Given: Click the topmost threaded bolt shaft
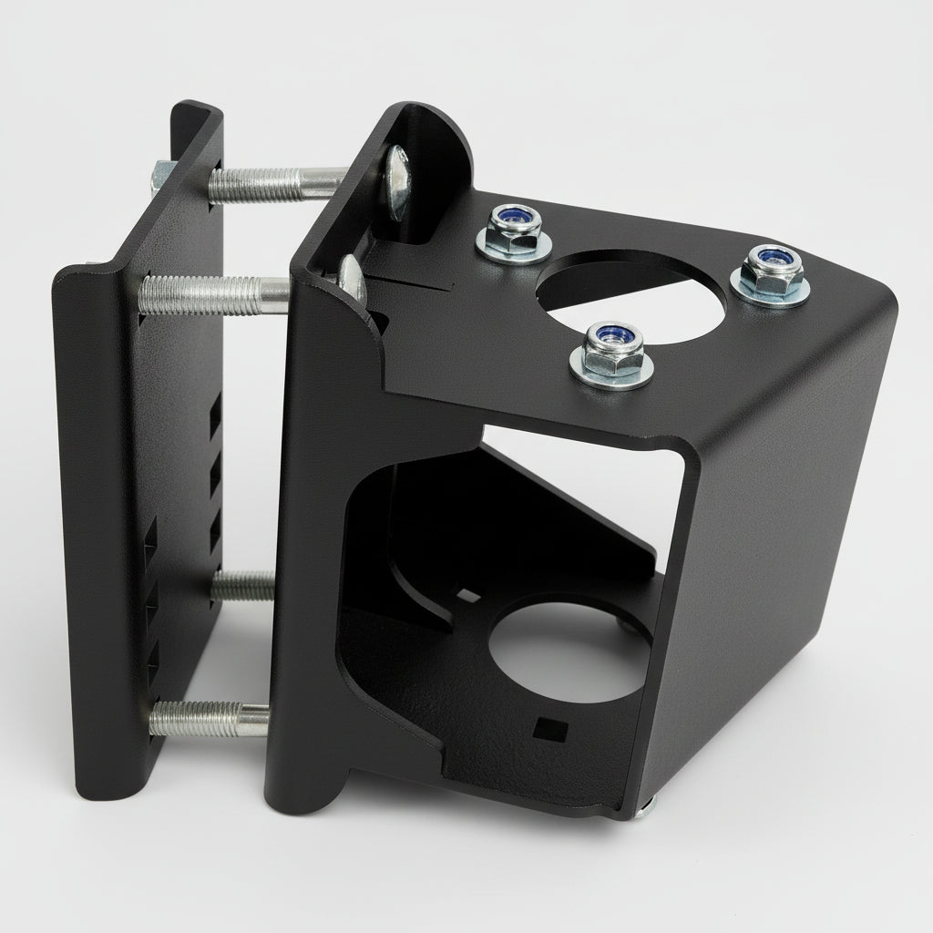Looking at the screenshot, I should point(273,183).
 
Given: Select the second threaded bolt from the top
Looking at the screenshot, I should point(215,294).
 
